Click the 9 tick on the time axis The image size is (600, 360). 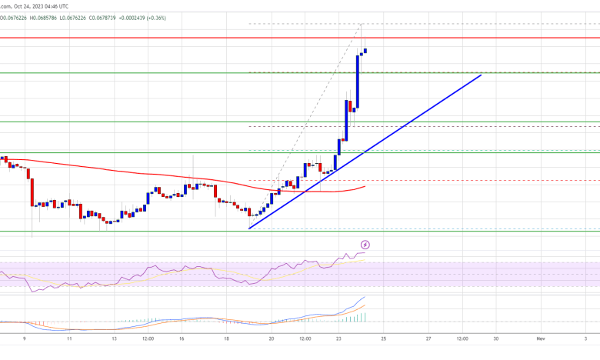[x=25, y=338]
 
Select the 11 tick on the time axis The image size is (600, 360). [x=70, y=338]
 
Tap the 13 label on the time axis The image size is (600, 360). [x=115, y=338]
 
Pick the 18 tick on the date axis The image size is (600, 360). [x=227, y=338]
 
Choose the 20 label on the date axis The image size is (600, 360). [x=272, y=338]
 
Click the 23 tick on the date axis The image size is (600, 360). [x=339, y=338]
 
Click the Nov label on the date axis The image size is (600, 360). [x=541, y=338]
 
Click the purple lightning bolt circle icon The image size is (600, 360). [x=365, y=245]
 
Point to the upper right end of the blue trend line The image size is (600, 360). [x=481, y=75]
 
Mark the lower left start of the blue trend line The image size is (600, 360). [x=249, y=228]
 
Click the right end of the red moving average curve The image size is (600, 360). [x=365, y=185]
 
